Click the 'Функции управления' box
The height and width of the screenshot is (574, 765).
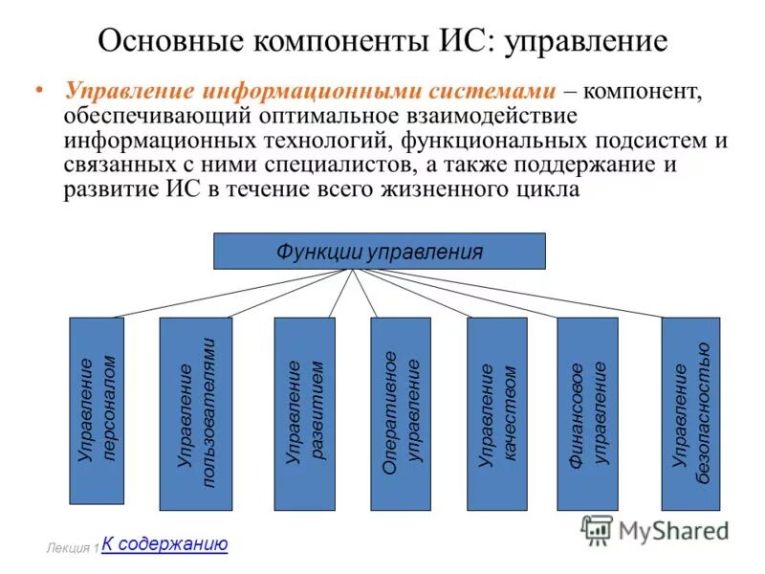pyautogui.click(x=380, y=252)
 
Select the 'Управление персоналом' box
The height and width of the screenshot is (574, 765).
pyautogui.click(x=97, y=410)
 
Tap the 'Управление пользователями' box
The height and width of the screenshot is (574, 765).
pyautogui.click(x=196, y=413)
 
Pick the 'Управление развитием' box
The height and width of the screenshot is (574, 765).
pyautogui.click(x=305, y=413)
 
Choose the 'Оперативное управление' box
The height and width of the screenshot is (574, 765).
pyautogui.click(x=401, y=413)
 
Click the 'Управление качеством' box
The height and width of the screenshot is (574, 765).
pyautogui.click(x=497, y=413)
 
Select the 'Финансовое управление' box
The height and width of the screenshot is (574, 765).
pyautogui.click(x=587, y=413)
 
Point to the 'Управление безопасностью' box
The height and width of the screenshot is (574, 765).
pyautogui.click(x=690, y=413)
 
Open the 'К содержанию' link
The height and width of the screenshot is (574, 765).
pyautogui.click(x=164, y=544)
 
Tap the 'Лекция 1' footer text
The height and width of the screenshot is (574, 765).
pyautogui.click(x=72, y=549)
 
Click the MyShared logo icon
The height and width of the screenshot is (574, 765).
pyautogui.click(x=597, y=529)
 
